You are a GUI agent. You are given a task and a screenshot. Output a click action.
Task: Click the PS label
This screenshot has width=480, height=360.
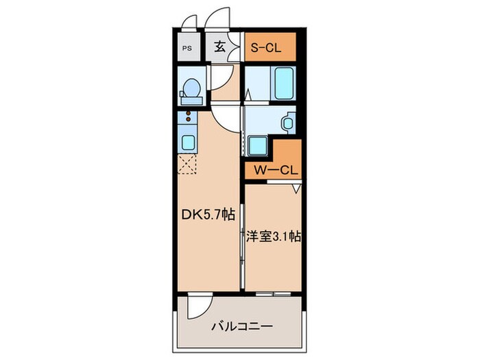point(187,48)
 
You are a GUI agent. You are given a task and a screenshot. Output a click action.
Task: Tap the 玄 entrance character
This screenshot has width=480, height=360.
point(220,47)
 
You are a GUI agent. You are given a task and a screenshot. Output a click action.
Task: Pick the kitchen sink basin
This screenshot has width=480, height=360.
point(187,143)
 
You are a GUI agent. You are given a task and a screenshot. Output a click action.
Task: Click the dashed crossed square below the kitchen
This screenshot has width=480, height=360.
point(187,164)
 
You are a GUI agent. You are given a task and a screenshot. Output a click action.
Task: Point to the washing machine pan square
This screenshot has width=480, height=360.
point(258,145)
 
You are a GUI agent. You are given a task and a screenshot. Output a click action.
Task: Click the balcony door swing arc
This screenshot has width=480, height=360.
point(199,307)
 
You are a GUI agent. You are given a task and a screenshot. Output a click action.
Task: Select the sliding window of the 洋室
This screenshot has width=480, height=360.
point(273,294)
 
